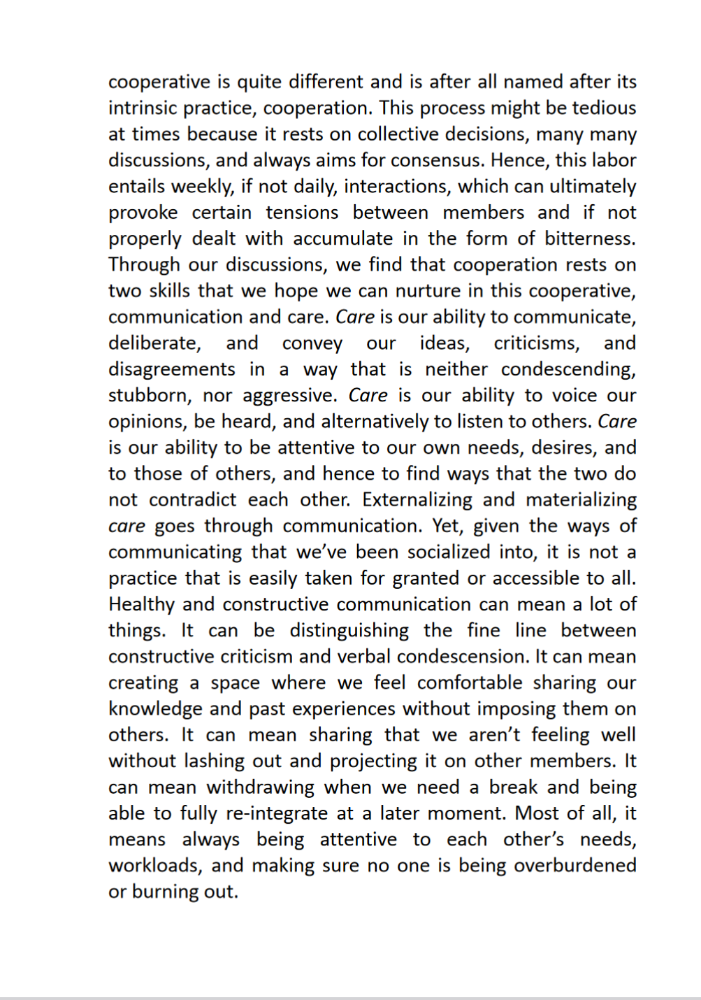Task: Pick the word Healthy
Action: (141, 604)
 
